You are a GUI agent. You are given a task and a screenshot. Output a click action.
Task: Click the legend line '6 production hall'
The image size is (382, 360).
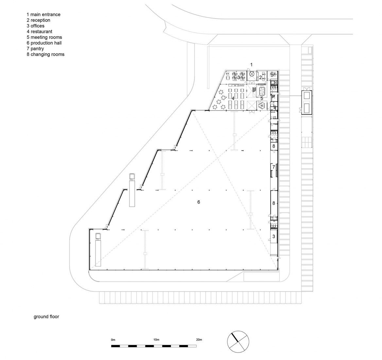pos(44,43)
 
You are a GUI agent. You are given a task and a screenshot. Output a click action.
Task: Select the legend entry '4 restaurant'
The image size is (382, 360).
pos(40,31)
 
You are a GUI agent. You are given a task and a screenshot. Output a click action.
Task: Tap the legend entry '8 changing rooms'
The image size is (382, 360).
pos(45,54)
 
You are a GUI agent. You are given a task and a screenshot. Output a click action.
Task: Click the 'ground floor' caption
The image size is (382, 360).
pos(46,316)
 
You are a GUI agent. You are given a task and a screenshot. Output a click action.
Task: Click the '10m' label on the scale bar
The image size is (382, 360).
pos(156,339)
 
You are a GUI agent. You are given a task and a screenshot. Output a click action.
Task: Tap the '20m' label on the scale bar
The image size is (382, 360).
pos(199,339)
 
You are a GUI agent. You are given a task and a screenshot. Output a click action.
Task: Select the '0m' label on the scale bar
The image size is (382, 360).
pos(113,339)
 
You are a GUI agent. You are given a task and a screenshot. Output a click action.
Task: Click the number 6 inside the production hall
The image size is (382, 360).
pos(199,202)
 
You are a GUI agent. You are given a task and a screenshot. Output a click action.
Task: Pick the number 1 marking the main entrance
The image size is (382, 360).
pos(252,64)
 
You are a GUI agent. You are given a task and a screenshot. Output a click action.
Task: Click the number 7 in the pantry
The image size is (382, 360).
pos(274,167)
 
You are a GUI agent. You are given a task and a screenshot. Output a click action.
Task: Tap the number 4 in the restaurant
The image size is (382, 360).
pos(233,98)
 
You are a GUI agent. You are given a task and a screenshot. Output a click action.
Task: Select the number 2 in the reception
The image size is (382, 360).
pos(260,78)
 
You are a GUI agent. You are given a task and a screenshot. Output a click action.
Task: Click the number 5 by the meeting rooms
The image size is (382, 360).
pos(262,98)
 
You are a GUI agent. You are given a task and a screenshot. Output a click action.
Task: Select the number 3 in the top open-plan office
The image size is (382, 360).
pos(238,78)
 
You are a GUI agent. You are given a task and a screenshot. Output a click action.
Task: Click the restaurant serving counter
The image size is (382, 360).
pos(236,85)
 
